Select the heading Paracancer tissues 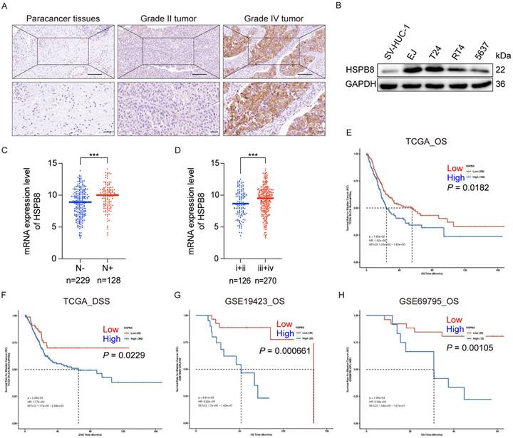(x=63, y=15)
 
